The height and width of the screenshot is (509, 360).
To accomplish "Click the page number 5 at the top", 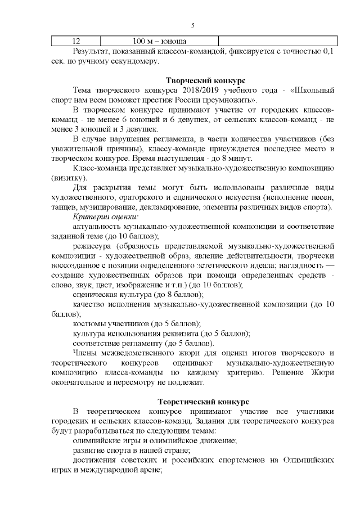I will [193, 25].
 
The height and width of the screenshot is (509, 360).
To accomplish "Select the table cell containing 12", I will [76, 41].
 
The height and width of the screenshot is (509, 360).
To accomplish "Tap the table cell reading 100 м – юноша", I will [160, 41].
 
